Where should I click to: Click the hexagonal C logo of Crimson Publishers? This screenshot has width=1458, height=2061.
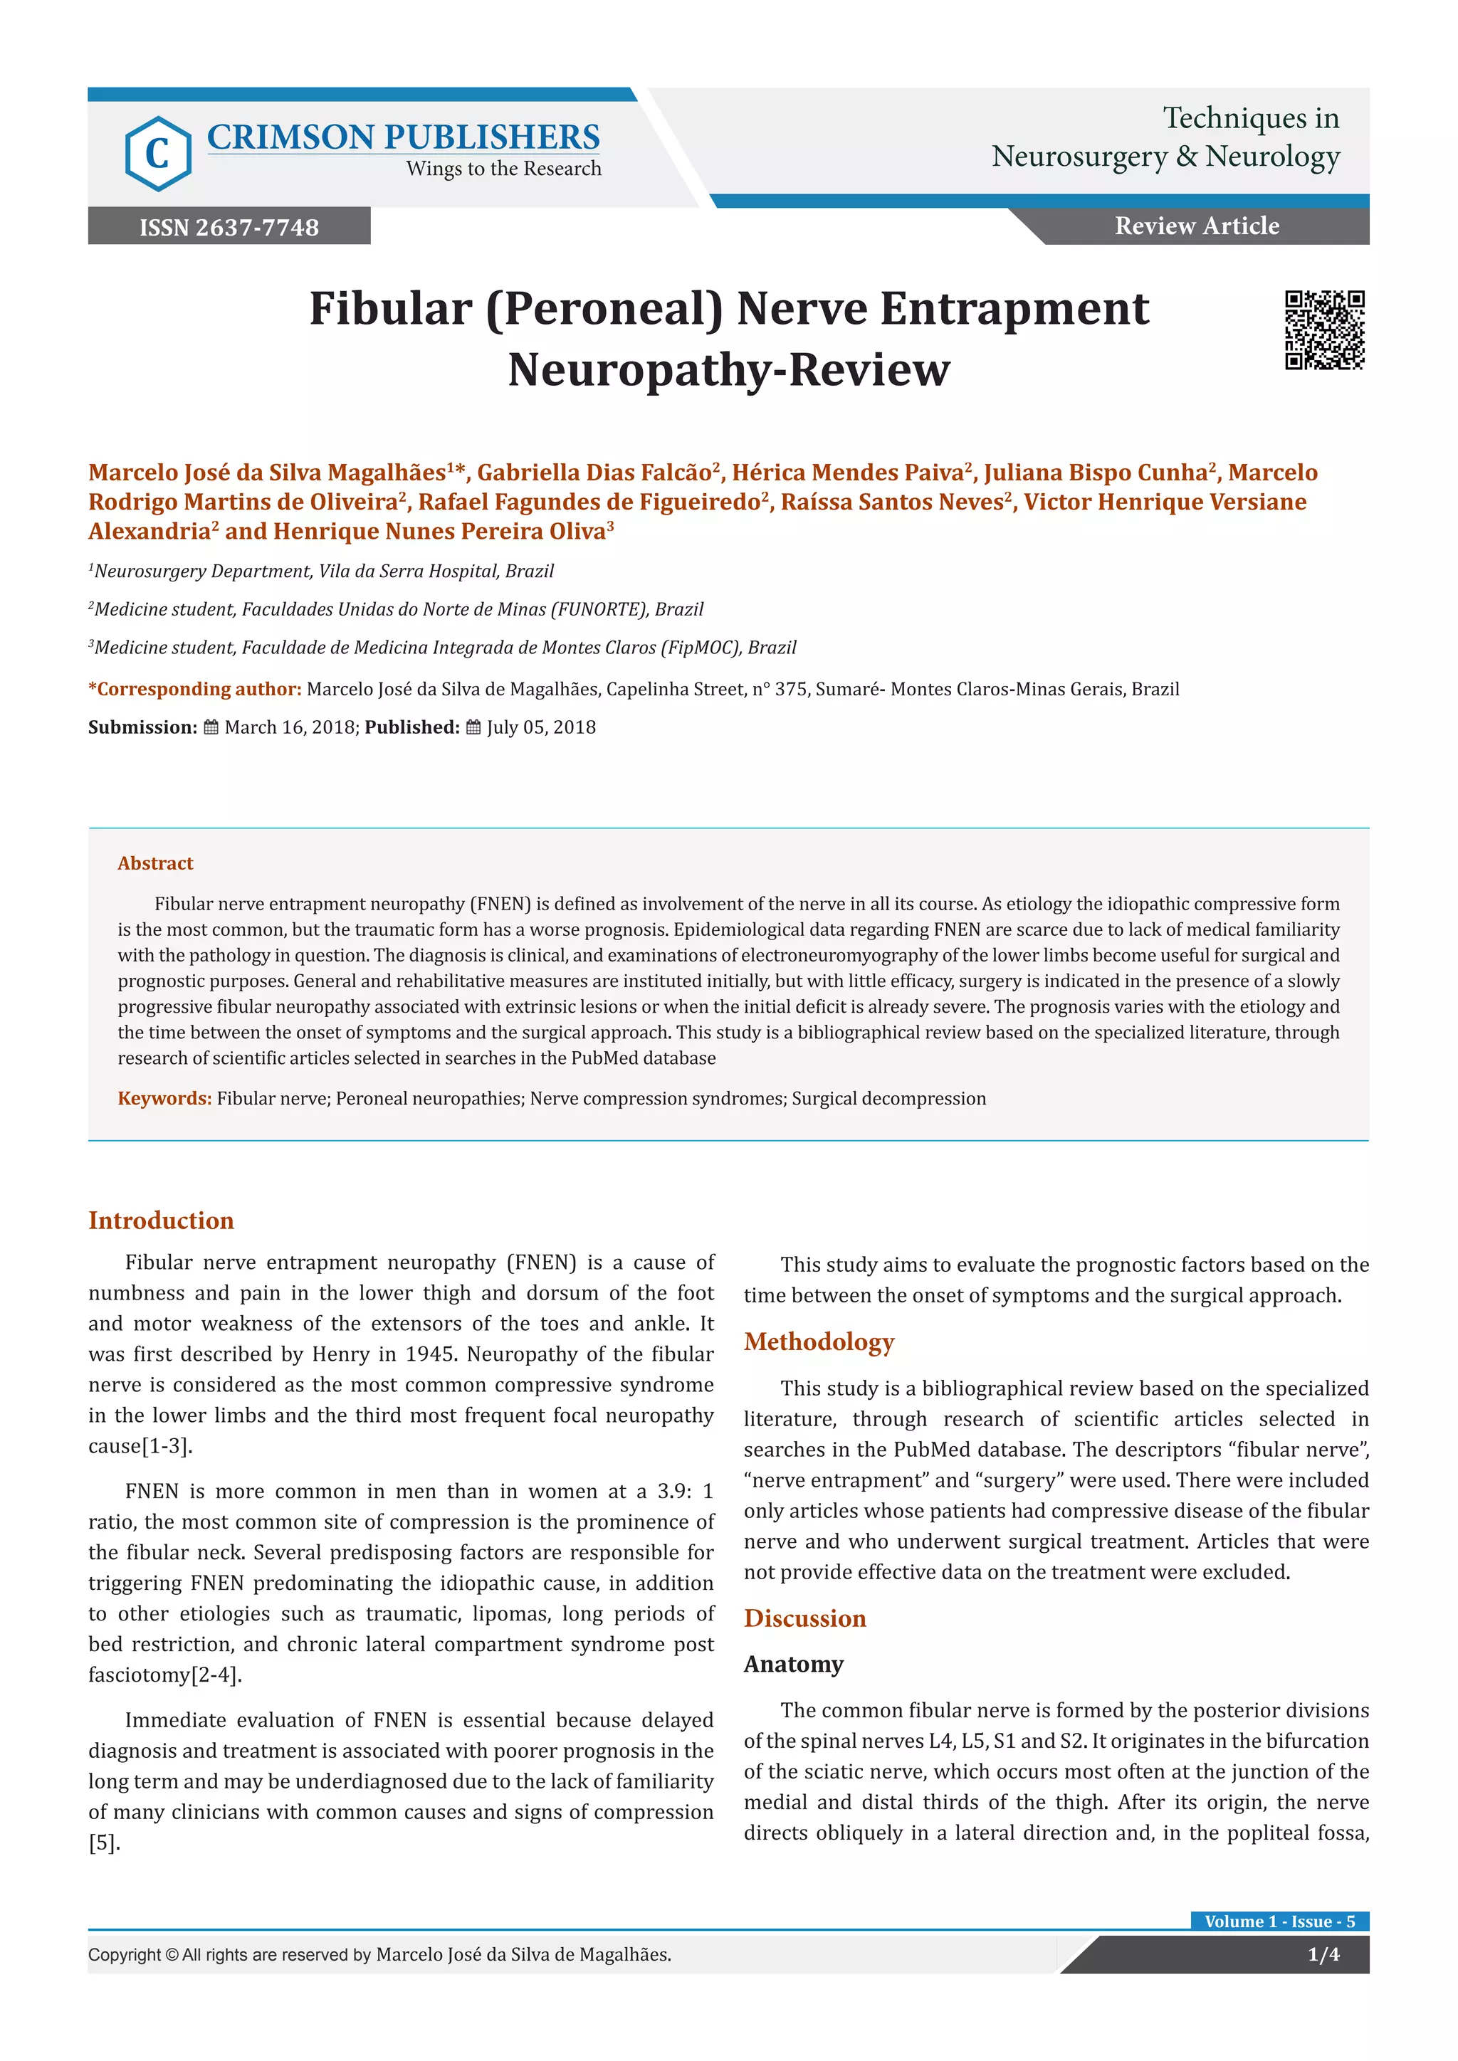[158, 154]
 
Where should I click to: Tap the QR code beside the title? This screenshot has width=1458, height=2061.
[1324, 330]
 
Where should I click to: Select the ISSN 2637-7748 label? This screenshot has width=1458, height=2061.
[229, 227]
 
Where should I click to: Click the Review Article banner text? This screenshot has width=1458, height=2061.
[1197, 226]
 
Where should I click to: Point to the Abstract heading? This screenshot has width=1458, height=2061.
[155, 863]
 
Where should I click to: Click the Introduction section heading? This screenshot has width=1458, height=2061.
[161, 1221]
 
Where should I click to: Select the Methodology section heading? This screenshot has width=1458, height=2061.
[819, 1342]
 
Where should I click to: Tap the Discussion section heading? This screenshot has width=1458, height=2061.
[804, 1618]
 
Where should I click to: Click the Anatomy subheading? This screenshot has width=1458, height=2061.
[793, 1664]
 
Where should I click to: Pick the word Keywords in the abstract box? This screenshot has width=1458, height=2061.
[164, 1099]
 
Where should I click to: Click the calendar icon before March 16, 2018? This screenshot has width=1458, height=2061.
[211, 728]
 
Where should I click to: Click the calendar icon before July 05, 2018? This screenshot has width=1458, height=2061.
[473, 728]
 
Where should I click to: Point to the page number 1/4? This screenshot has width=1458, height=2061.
[1323, 1954]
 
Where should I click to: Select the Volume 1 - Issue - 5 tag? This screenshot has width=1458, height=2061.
[1279, 1921]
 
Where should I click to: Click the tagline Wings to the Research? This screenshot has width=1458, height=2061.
[503, 169]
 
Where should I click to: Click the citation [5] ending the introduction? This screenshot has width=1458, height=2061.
[103, 1843]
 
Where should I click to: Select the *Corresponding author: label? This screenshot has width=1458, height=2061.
[194, 690]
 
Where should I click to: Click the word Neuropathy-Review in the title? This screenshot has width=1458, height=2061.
[728, 370]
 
